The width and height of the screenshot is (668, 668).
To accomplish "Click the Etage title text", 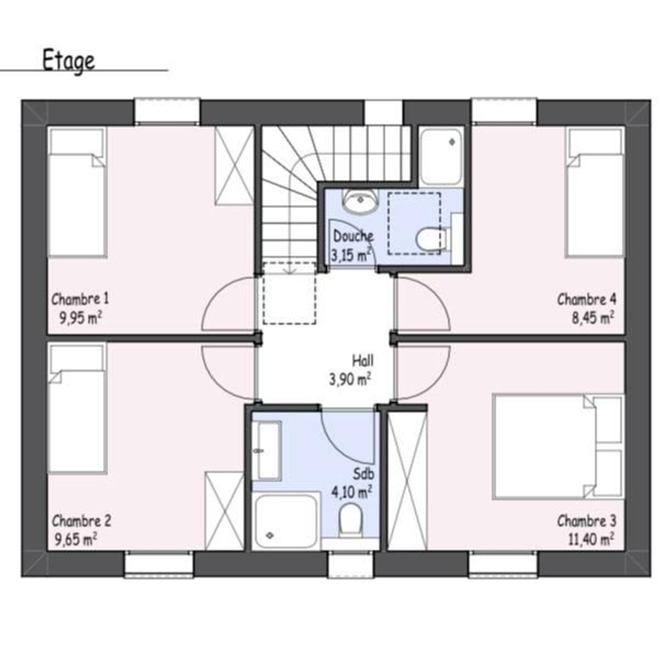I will pyautogui.click(x=68, y=61).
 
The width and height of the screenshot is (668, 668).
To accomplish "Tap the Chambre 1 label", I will pyautogui.click(x=80, y=299).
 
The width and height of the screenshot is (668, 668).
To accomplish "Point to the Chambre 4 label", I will pyautogui.click(x=587, y=299).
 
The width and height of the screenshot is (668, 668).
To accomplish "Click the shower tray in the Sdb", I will pyautogui.click(x=285, y=521).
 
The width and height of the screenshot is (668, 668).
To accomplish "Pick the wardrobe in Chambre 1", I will pyautogui.click(x=234, y=166).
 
